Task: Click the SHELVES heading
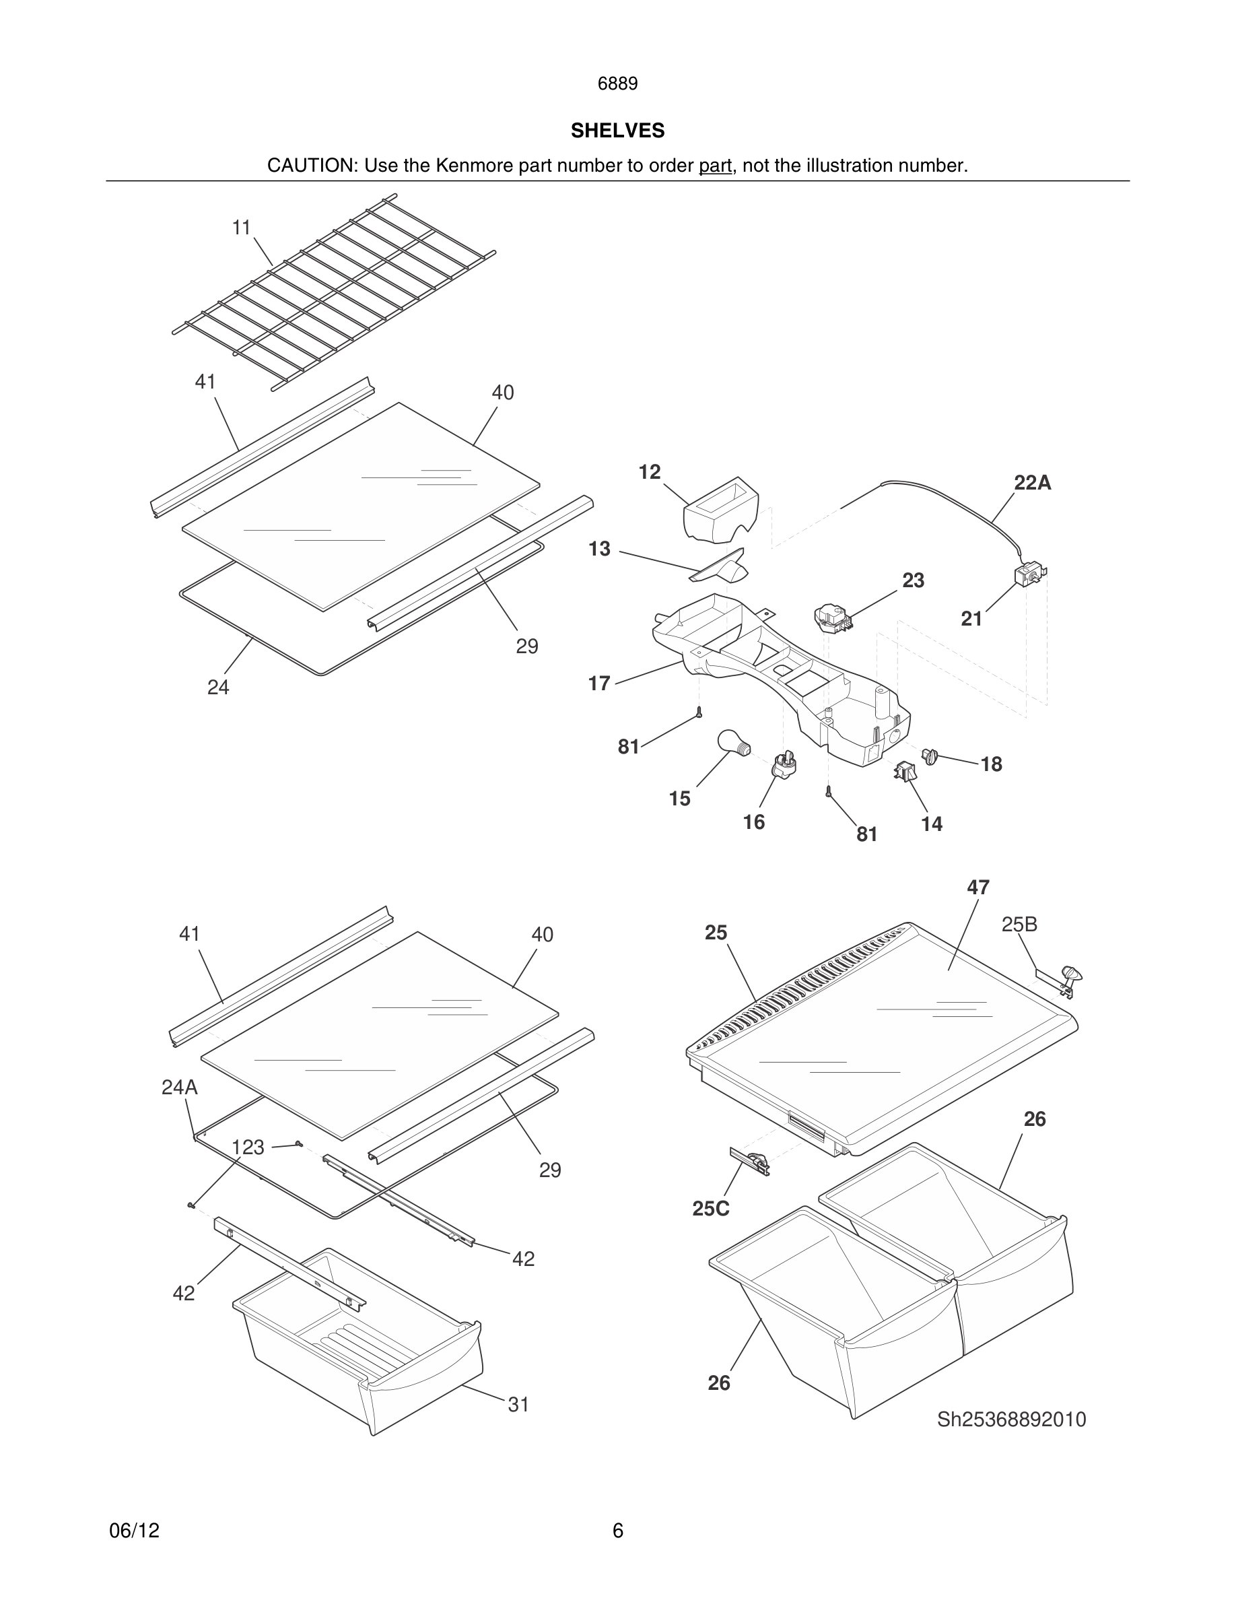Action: click(x=617, y=131)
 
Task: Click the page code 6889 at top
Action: click(x=617, y=84)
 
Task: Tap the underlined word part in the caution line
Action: click(x=715, y=166)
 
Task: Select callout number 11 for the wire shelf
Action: click(x=242, y=228)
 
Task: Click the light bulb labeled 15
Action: click(x=732, y=742)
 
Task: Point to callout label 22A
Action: click(x=1032, y=483)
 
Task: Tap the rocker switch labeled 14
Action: click(x=905, y=770)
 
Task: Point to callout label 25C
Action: click(x=710, y=1209)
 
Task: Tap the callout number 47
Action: click(x=977, y=887)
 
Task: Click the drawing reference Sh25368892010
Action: click(x=1011, y=1419)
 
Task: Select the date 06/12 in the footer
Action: click(x=134, y=1531)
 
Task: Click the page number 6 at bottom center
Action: click(x=617, y=1531)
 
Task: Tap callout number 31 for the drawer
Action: click(x=518, y=1405)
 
